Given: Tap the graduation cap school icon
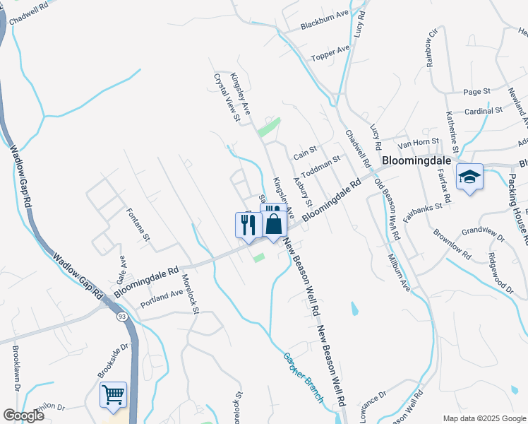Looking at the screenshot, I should tap(469, 177).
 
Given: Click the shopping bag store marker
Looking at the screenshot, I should tap(274, 225).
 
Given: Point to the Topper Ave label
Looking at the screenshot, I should tap(331, 51).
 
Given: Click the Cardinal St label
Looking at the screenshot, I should tap(484, 111).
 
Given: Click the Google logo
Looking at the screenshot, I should tap(23, 416).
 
